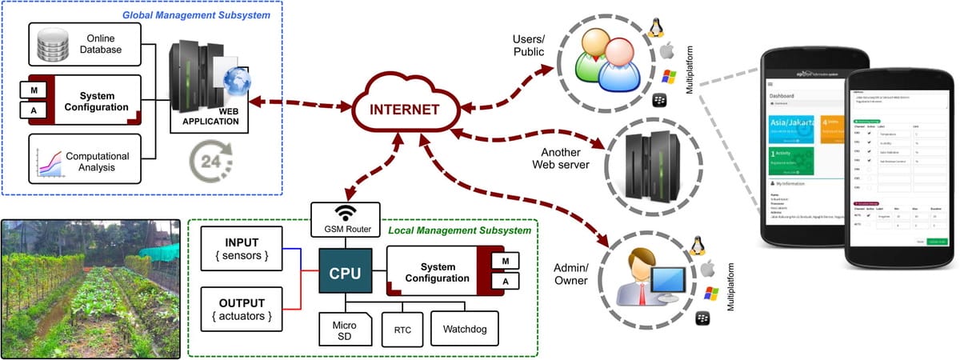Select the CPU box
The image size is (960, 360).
(345, 274)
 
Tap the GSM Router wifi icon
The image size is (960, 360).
(346, 214)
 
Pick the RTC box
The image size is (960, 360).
(402, 328)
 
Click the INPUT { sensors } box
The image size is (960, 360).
(242, 246)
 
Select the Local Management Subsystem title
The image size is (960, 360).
(459, 230)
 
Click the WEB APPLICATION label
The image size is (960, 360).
(211, 116)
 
